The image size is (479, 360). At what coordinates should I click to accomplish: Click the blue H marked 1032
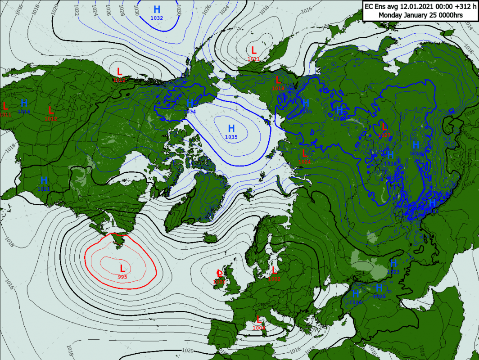pyautogui.click(x=157, y=10)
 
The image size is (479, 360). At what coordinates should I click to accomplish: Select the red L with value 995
pyautogui.click(x=122, y=269)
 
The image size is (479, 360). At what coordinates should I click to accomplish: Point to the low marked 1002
pyautogui.click(x=274, y=270)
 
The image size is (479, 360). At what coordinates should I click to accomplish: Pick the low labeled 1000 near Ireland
pyautogui.click(x=219, y=273)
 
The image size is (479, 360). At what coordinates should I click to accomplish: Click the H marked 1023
pyautogui.click(x=393, y=263)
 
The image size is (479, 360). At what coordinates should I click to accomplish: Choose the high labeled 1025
pyautogui.click(x=379, y=288)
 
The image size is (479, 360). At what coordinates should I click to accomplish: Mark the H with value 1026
pyautogui.click(x=356, y=294)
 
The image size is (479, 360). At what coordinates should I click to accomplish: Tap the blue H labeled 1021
pyautogui.click(x=44, y=181)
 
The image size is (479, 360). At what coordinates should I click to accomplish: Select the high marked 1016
pyautogui.click(x=24, y=103)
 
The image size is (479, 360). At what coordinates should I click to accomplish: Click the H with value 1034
pyautogui.click(x=190, y=103)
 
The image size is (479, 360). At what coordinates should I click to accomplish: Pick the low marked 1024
pyautogui.click(x=304, y=153)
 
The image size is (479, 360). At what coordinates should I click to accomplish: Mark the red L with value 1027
pyautogui.click(x=384, y=126)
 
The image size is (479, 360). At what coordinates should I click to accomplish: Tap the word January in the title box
pyautogui.click(x=418, y=15)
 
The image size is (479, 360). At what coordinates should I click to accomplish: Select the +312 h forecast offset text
pyautogui.click(x=459, y=6)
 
